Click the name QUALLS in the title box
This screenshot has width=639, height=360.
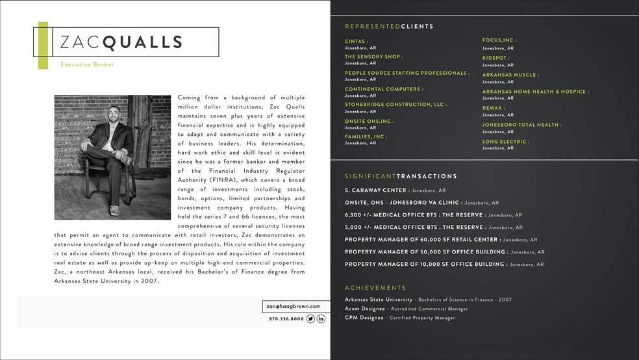pyautogui.click(x=143, y=43)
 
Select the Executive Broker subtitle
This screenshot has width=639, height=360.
pyautogui.click(x=87, y=64)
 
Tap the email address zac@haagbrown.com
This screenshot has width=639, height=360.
pyautogui.click(x=293, y=306)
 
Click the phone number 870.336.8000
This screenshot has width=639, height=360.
pyautogui.click(x=286, y=319)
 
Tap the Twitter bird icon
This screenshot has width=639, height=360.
pyautogui.click(x=310, y=318)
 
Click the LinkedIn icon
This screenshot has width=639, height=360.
pyautogui.click(x=321, y=318)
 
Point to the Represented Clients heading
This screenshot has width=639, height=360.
pyautogui.click(x=389, y=27)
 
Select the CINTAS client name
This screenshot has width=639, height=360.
pyautogui.click(x=356, y=41)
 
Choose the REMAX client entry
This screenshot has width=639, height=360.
pyautogui.click(x=494, y=108)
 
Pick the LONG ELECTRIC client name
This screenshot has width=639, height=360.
pyautogui.click(x=505, y=142)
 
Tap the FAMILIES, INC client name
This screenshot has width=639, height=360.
pyautogui.click(x=365, y=136)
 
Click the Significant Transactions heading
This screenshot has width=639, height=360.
pyautogui.click(x=401, y=176)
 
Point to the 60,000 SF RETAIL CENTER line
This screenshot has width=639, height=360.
pyautogui.click(x=422, y=240)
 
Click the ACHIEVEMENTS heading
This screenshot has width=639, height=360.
pyautogui.click(x=375, y=288)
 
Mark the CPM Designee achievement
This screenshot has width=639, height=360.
pyautogui.click(x=364, y=318)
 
